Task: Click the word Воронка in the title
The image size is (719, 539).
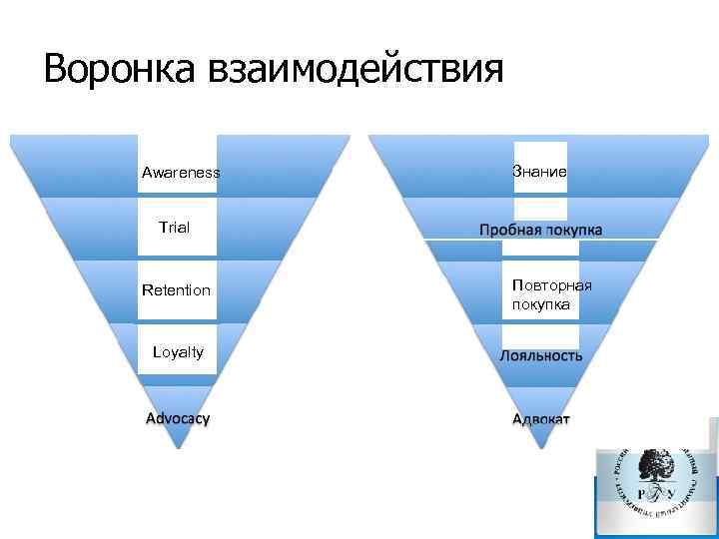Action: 121,70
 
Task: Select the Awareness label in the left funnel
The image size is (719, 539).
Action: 181,174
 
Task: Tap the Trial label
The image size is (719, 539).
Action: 175,228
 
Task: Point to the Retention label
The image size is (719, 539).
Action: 177,290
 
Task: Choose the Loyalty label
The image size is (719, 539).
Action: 178,351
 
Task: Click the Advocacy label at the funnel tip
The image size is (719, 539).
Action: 178,418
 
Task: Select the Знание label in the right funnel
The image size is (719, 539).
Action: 540,172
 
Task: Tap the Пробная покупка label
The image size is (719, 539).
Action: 540,230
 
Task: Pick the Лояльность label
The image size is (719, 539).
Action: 540,355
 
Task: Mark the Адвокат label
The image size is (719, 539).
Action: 540,418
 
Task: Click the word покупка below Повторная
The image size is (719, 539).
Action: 541,304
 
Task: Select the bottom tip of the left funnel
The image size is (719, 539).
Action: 178,446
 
